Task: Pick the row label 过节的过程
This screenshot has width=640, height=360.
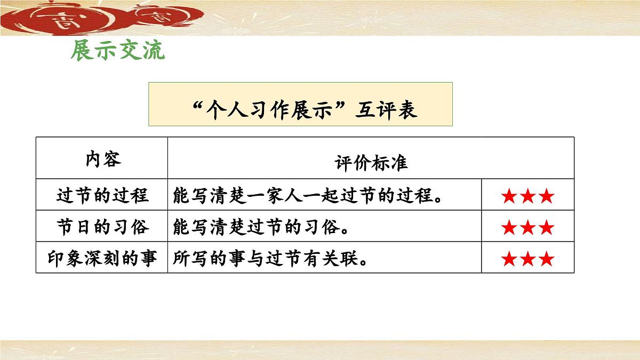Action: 102,196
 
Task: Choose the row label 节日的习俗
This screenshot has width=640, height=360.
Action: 102,228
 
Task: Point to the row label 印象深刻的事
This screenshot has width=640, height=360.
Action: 102,259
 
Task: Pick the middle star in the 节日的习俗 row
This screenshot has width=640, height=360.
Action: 528,228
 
